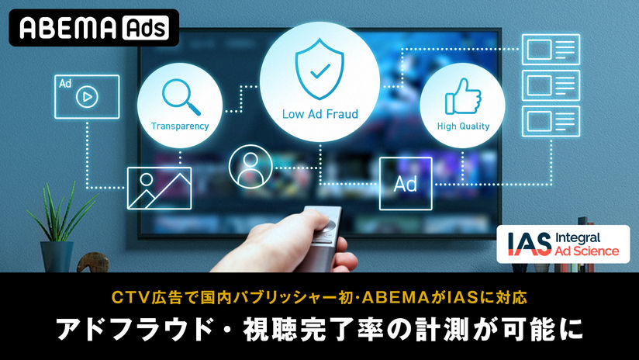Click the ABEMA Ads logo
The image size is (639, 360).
pyautogui.click(x=94, y=28)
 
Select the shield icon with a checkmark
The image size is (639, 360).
pyautogui.click(x=319, y=69)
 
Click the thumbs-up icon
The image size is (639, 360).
pyautogui.click(x=463, y=96)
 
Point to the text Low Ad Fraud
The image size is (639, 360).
pyautogui.click(x=320, y=114)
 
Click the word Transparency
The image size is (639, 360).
pyautogui.click(x=180, y=126)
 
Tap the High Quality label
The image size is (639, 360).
pyautogui.click(x=463, y=126)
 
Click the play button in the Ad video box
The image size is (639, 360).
pyautogui.click(x=87, y=97)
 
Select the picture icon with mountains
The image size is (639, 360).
pyautogui.click(x=159, y=188)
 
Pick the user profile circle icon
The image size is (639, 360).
pyautogui.click(x=250, y=167)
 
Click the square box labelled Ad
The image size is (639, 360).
pyautogui.click(x=406, y=183)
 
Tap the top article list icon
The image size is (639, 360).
pyautogui.click(x=551, y=50)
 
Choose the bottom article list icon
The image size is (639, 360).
pyautogui.click(x=551, y=121)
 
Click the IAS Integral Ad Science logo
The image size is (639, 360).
pyautogui.click(x=563, y=244)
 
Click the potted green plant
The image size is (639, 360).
pyautogui.click(x=59, y=228)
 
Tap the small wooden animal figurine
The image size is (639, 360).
pyautogui.click(x=93, y=262)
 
